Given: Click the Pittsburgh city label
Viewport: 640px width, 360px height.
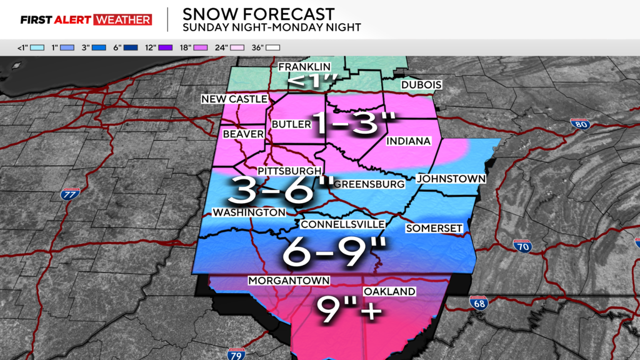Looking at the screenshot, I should [289, 171].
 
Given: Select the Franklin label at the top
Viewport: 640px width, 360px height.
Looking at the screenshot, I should [304, 67].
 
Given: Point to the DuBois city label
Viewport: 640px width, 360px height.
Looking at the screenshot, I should [422, 85].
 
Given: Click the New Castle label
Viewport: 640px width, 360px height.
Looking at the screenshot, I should [234, 99].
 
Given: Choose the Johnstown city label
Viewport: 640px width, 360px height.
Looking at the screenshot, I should [451, 179].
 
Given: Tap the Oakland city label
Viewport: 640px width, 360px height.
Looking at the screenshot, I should [389, 292].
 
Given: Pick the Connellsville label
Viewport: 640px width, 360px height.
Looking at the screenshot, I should [342, 224].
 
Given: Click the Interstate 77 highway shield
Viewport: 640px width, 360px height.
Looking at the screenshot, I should [70, 194].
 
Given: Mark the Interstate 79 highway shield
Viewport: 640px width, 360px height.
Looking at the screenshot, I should [236, 354].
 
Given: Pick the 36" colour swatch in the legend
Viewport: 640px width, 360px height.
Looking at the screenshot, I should [272, 47].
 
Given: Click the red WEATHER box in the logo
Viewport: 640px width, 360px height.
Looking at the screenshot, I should [122, 19].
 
